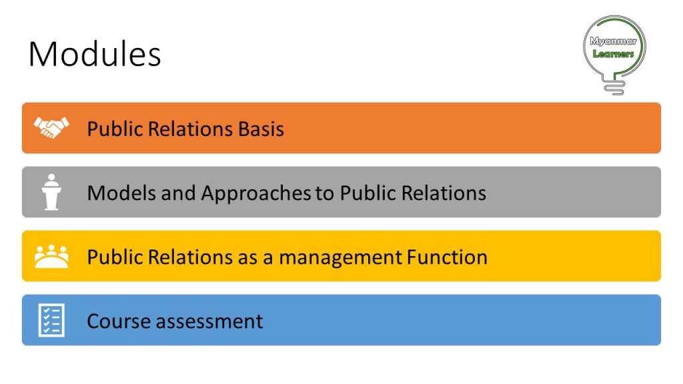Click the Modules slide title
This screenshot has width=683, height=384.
point(95,54)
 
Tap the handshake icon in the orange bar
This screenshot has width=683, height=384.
point(51,127)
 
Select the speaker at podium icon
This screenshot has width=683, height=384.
point(51,192)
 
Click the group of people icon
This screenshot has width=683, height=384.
point(51,256)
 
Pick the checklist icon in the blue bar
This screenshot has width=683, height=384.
point(51,320)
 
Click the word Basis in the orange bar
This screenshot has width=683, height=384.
point(261,129)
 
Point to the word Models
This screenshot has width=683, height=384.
point(121,193)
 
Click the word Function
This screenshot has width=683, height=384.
point(447,257)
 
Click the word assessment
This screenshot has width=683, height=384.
point(209,322)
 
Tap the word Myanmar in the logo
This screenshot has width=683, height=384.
point(614,41)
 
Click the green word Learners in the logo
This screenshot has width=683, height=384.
point(614,53)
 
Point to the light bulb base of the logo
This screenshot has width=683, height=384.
point(614,87)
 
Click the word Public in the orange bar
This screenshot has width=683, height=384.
point(115,129)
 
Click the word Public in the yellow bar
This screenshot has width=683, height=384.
point(115,257)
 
